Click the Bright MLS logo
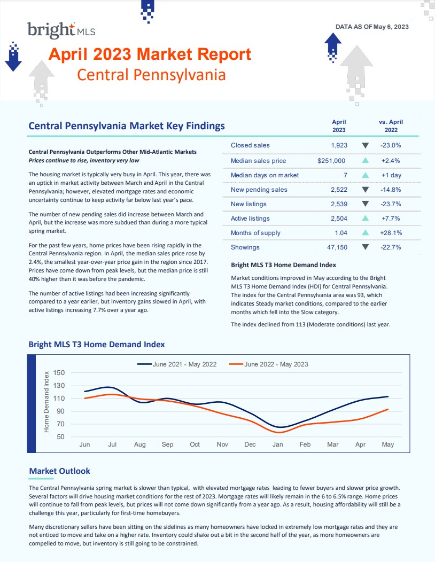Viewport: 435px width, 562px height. click(61, 30)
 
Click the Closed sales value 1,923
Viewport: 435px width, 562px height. click(339, 145)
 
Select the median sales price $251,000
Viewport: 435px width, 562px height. click(331, 161)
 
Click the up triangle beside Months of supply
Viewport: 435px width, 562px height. click(366, 233)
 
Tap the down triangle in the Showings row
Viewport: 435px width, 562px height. click(366, 247)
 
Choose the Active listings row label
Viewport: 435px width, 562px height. click(250, 218)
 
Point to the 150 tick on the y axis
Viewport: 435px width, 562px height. click(59, 373)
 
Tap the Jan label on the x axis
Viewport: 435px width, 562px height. click(277, 444)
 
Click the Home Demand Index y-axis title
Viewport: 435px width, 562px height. click(46, 401)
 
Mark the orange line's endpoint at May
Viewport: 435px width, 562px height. click(387, 409)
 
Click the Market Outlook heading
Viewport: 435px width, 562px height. click(59, 471)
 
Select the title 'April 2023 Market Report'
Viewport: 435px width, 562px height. click(150, 54)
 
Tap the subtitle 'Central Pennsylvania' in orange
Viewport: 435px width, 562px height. click(151, 75)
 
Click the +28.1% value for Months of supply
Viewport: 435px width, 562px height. click(390, 233)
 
